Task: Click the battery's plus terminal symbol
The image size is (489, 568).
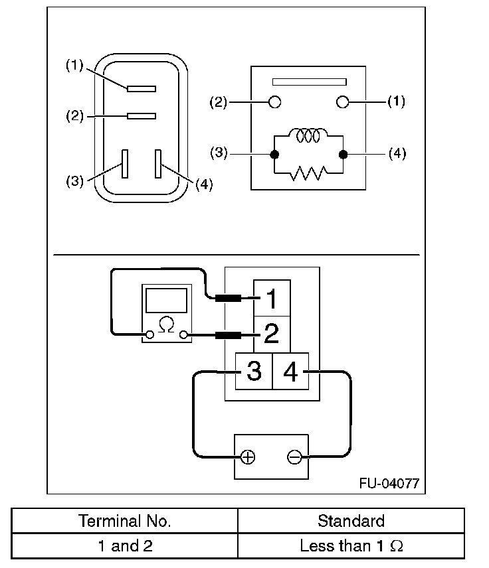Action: point(248,457)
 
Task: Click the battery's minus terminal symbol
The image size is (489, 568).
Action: point(294,457)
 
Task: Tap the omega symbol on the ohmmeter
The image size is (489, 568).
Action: point(167,325)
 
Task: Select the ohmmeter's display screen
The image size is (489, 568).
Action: point(167,301)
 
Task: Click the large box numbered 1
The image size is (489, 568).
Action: point(272,298)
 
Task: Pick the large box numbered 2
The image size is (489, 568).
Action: point(272,334)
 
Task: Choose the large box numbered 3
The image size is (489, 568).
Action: point(254,371)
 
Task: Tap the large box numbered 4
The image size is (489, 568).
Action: point(290,371)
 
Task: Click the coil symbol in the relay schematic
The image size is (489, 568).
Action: point(308,135)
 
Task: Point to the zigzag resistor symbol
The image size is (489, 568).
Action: point(308,173)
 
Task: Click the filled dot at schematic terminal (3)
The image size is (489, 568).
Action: point(274,155)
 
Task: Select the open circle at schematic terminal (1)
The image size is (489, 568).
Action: point(342,102)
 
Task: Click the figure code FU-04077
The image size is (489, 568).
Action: point(389,483)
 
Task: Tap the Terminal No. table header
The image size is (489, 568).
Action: point(125,521)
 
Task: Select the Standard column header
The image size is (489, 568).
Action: point(351,521)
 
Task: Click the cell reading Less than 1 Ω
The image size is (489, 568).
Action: point(351,546)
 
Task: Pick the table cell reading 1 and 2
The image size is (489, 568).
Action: point(125,546)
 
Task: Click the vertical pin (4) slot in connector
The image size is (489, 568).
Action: point(158,164)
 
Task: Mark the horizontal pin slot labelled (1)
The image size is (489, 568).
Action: point(142,89)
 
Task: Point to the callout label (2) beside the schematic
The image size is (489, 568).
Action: point(219,102)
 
